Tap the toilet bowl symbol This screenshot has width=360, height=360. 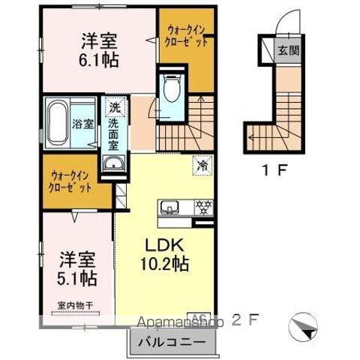click(170, 91)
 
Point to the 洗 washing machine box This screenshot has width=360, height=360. click(114, 107)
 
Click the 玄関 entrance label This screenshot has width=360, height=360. click(291, 52)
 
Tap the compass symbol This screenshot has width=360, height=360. click(301, 324)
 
